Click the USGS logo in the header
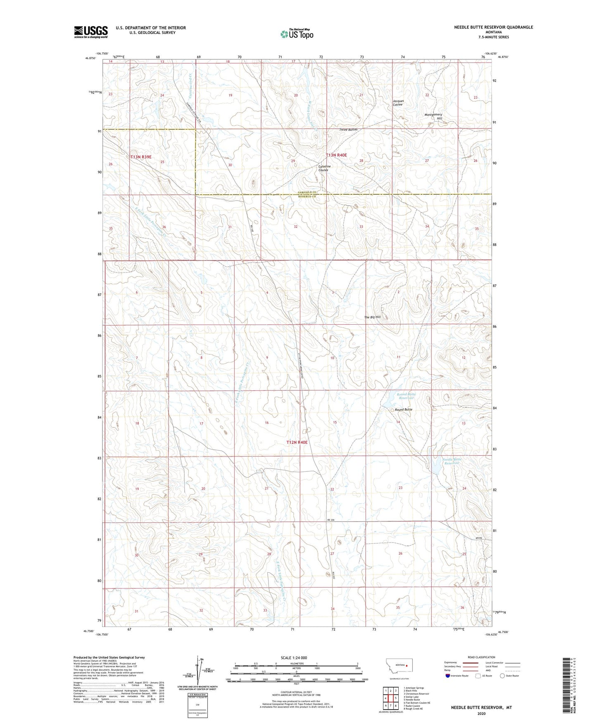click(91, 32)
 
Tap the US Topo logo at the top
click(296, 34)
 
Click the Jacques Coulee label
click(397, 103)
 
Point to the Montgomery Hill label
click(433, 116)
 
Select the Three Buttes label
click(348, 129)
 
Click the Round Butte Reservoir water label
click(406, 396)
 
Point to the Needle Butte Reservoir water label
click(452, 461)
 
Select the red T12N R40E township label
click(297, 442)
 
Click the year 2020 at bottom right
click(481, 713)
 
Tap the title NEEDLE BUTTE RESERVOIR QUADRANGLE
click(493, 27)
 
